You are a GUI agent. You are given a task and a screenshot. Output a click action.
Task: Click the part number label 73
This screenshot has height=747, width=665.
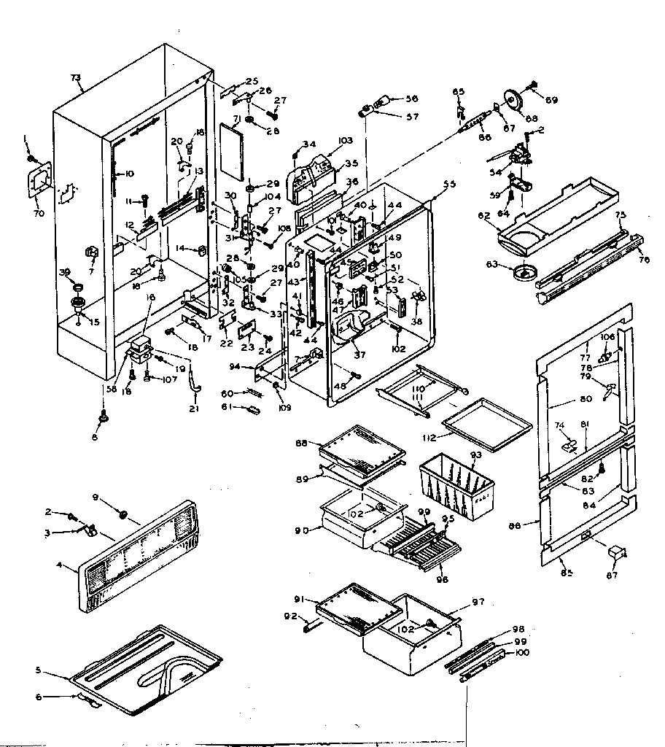coord(76,77)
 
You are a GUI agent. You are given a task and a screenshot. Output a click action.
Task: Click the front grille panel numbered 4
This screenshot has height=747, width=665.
coord(139,558)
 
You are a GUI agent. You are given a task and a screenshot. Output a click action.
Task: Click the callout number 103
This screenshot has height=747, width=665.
coord(345,141)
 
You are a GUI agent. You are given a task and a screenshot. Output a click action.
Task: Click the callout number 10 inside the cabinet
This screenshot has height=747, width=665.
coord(130,174)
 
